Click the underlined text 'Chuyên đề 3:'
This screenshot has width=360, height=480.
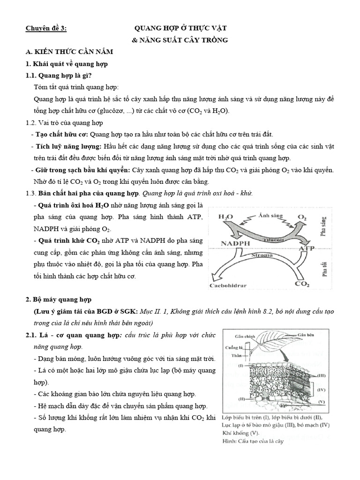point(46,29)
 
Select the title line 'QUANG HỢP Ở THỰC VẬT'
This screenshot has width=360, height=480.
point(181,29)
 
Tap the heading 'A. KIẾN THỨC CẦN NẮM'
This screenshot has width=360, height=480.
point(69,52)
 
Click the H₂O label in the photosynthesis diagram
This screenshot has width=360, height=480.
point(226,217)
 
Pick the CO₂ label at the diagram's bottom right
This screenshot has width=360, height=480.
point(300,284)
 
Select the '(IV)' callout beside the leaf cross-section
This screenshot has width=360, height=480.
point(321,390)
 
